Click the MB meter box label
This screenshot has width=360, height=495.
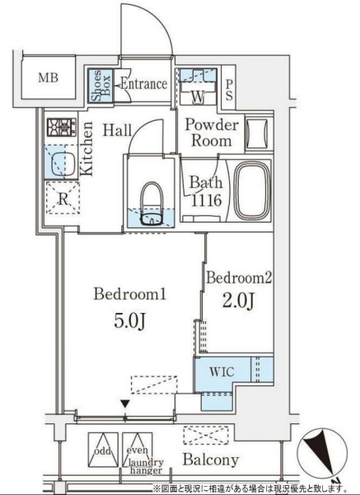tap(49, 77)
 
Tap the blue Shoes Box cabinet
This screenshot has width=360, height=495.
tap(101, 86)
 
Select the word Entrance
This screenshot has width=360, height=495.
tap(144, 84)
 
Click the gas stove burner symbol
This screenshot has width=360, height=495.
tap(62, 127)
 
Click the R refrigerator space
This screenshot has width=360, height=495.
tap(63, 198)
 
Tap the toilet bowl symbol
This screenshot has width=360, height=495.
tap(152, 203)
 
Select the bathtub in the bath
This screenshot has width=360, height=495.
tap(253, 191)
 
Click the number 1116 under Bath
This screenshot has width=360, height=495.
tap(207, 200)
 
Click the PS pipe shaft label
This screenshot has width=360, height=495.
tap(229, 89)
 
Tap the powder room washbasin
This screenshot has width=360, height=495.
tap(259, 134)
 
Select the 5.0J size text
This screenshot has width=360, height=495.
tap(129, 321)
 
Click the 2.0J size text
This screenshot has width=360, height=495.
tap(238, 301)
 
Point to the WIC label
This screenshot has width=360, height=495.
tap(222, 372)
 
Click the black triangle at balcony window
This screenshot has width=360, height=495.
tap(126, 404)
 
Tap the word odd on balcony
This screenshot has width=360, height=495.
tap(103, 451)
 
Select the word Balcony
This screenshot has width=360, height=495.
tap(211, 460)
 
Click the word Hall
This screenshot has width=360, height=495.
tap(118, 130)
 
